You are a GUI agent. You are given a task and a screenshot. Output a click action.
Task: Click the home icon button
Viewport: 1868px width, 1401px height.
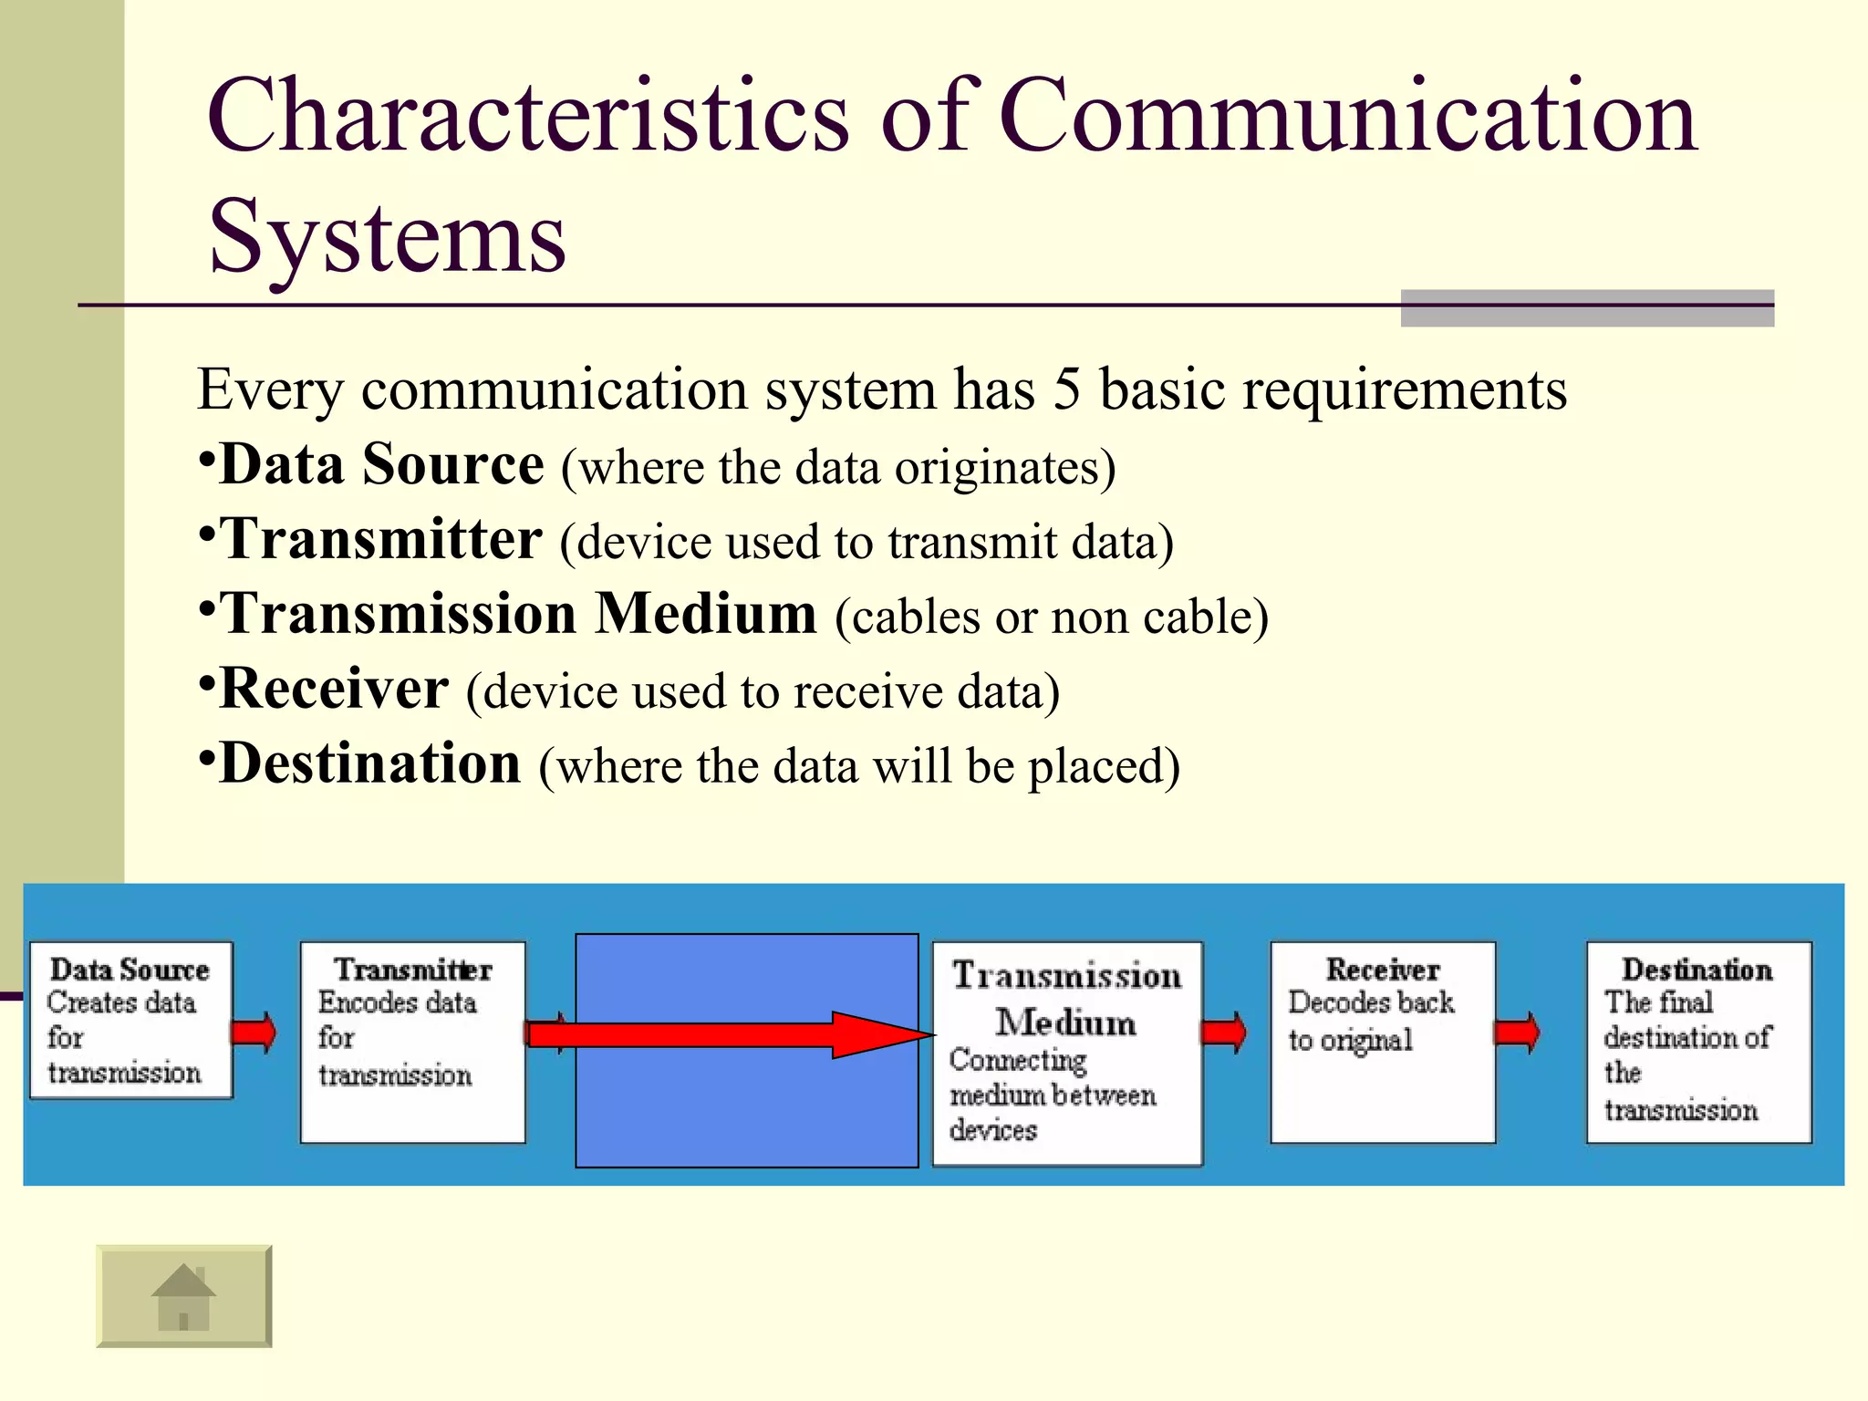[x=183, y=1296]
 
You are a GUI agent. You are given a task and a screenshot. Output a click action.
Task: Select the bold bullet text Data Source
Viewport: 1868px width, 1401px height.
[x=381, y=464]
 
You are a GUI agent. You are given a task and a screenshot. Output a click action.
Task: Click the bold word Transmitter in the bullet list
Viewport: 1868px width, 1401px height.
[x=381, y=539]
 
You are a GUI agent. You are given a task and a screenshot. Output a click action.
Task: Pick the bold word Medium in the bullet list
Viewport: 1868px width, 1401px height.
[x=706, y=614]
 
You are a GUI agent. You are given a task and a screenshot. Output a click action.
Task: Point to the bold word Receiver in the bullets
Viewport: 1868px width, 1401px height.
[x=334, y=689]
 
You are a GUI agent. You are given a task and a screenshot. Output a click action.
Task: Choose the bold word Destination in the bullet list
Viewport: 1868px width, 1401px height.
[x=369, y=763]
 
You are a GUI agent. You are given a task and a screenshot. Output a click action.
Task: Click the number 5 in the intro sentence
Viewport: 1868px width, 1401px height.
[x=1066, y=389]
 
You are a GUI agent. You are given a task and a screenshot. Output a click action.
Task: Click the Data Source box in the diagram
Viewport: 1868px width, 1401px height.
[x=130, y=1021]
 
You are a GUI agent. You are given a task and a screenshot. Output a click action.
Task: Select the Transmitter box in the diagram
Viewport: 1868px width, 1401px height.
[x=412, y=1043]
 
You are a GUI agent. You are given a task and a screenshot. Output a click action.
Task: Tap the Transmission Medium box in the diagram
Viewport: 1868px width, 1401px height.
[x=1066, y=1053]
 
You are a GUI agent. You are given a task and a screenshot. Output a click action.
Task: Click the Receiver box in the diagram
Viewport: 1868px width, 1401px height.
[x=1382, y=1043]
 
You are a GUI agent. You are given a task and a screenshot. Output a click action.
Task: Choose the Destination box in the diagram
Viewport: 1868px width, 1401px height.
[x=1698, y=1043]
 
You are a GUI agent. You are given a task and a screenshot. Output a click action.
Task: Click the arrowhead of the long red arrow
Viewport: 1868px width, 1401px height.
[x=880, y=1034]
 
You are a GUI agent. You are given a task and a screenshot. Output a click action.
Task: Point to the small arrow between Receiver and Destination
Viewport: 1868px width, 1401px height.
[x=1518, y=1033]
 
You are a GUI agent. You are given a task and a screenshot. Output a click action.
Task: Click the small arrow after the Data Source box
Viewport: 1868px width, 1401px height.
[x=254, y=1033]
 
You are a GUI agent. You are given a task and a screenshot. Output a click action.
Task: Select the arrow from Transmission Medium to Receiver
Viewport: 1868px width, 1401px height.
[x=1224, y=1033]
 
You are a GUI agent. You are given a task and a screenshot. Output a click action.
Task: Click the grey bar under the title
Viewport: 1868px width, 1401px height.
[x=1586, y=308]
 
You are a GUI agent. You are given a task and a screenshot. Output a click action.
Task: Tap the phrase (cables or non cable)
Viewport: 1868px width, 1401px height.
[x=1051, y=617]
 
